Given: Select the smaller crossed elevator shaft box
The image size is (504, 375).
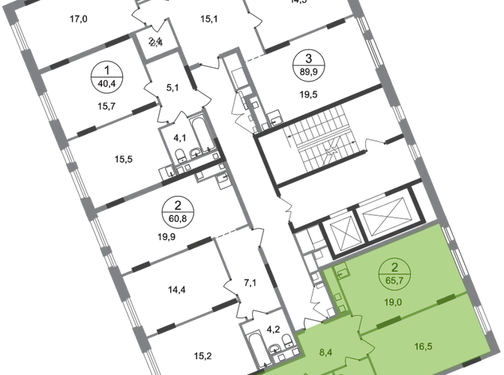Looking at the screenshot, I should [x=339, y=223].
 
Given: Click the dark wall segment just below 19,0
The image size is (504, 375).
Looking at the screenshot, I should [x=385, y=323].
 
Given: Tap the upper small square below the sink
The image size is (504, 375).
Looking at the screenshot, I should [x=339, y=296].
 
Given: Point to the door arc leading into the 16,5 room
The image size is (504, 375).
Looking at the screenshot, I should [x=370, y=345].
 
